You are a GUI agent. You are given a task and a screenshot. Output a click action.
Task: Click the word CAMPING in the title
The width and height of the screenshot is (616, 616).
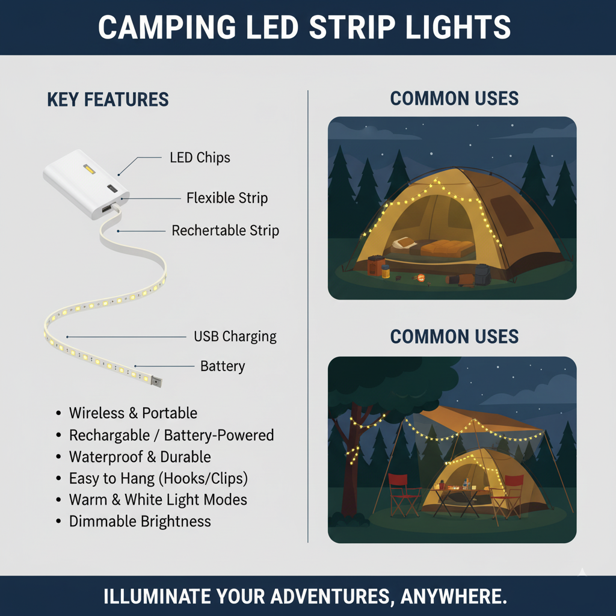(167, 27)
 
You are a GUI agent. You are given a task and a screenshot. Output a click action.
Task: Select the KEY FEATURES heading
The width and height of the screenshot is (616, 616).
(108, 99)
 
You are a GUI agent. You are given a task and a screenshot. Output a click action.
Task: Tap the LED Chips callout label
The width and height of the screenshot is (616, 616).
(200, 158)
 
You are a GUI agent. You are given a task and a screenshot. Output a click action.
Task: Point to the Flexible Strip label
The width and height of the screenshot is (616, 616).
(227, 197)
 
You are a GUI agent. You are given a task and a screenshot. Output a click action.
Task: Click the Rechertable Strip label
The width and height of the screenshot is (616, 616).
(225, 230)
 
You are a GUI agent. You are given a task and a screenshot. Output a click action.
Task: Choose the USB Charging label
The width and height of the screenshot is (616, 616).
(235, 336)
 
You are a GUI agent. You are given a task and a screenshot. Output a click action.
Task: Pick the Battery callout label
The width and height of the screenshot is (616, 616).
(223, 366)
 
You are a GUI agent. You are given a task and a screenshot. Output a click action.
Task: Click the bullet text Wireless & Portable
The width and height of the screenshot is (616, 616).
(133, 413)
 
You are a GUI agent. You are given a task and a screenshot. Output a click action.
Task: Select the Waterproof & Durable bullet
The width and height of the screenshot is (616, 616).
(140, 457)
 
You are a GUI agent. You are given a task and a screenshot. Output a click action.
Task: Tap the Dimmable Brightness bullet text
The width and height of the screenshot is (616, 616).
(140, 522)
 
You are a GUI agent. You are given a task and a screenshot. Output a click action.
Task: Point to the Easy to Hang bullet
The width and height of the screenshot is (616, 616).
(158, 478)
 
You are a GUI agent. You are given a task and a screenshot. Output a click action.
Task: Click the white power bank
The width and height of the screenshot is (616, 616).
(85, 183)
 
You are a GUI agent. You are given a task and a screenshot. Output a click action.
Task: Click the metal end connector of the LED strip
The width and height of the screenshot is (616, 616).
(156, 381)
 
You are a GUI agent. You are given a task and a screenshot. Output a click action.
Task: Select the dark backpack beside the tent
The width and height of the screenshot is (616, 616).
(482, 274)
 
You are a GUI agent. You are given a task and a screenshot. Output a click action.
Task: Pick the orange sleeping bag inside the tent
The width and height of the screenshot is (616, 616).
(447, 248)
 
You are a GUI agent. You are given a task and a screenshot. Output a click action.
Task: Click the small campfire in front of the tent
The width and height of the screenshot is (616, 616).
(420, 279)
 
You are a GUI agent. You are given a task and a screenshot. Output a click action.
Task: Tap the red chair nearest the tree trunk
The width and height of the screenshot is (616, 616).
(404, 495)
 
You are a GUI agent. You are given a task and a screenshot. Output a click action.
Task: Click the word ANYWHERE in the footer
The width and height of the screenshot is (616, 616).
(454, 596)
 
